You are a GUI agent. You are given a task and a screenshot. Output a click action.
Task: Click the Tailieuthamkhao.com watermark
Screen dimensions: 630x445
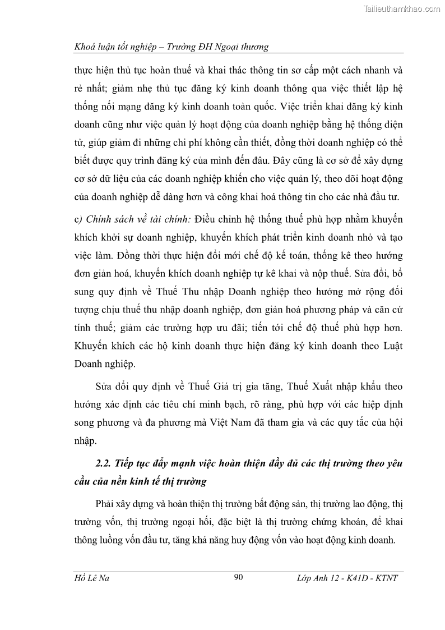402,9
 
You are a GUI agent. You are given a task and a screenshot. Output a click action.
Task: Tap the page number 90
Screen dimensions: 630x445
238,578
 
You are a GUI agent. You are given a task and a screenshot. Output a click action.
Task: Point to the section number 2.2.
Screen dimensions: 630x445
103,463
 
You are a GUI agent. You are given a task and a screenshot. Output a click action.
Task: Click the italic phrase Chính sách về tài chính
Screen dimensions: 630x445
127,218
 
